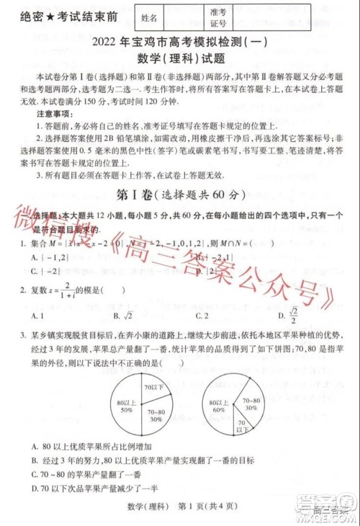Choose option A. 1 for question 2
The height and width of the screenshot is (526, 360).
click(x=39, y=315)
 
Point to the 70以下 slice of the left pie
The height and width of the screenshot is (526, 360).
click(x=152, y=388)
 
